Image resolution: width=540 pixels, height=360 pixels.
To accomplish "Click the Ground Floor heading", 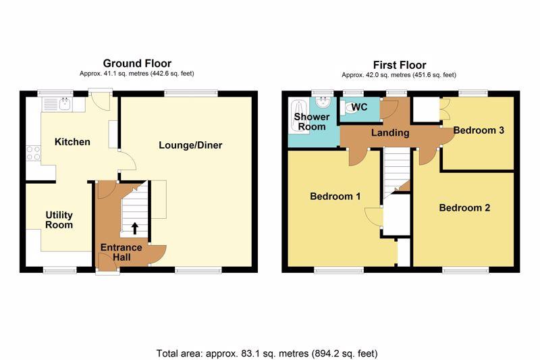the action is point(137,63).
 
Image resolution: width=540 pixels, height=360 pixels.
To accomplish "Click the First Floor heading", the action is point(400,65).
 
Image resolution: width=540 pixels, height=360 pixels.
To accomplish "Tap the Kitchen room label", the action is point(72,142).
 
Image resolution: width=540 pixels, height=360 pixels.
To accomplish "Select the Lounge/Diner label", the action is point(190,145).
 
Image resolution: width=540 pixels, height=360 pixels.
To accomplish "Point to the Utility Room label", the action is point(59,220).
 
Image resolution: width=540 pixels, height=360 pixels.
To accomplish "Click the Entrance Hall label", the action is point(122,252).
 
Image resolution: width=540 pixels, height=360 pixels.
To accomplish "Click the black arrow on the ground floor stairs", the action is point(135,228).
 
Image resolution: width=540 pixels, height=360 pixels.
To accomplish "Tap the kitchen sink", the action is point(63,104).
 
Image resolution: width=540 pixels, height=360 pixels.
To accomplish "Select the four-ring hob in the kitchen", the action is point(33,153).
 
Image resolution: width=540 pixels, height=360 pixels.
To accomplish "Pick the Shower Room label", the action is point(312,122).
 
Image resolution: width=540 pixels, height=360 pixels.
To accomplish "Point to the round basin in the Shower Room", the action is point(323,102).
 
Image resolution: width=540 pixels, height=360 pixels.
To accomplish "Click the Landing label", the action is point(390,132).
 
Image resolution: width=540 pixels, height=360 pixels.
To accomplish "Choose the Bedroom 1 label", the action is point(335,197).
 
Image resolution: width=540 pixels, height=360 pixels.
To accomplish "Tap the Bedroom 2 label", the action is point(464,208).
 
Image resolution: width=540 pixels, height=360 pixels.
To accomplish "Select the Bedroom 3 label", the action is point(479,130).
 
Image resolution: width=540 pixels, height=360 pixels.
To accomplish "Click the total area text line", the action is point(267,353).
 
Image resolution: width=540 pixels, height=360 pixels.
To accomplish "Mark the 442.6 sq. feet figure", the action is point(172,74).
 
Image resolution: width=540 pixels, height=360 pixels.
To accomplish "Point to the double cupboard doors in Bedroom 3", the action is point(445,110).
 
